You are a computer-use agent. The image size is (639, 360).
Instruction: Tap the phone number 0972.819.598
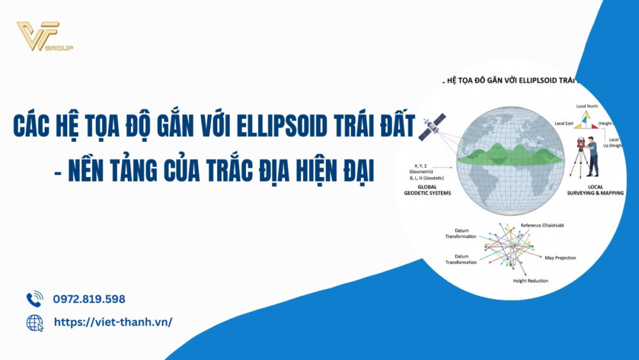pos(89,299)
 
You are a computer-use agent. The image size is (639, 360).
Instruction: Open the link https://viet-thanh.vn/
pos(112,322)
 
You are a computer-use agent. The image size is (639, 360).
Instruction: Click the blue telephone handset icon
pos(34,299)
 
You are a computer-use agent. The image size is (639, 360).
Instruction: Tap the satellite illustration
pos(431,126)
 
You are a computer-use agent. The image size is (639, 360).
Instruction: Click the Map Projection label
pos(560,258)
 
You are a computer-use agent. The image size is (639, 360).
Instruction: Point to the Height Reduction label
pos(530,281)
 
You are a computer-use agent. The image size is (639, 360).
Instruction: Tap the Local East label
pos(564,122)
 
